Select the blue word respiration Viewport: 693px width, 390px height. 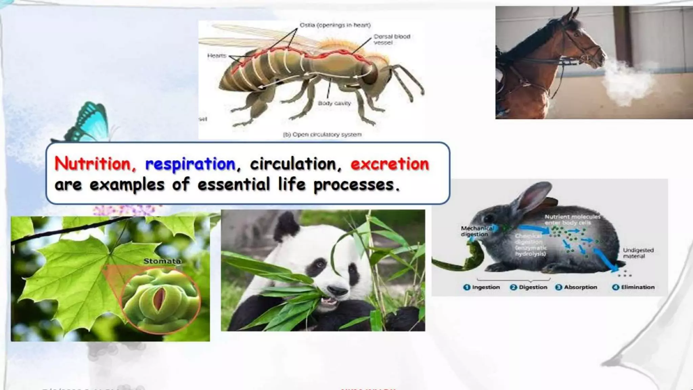pyautogui.click(x=190, y=164)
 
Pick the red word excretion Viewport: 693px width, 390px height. pyautogui.click(x=390, y=164)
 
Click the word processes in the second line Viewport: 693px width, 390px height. pyautogui.click(x=356, y=185)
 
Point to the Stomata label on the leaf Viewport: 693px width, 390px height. pyautogui.click(x=162, y=261)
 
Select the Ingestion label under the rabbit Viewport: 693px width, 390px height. pyautogui.click(x=486, y=287)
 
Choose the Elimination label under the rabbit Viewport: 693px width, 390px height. pyautogui.click(x=638, y=287)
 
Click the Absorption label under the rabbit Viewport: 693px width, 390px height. pyautogui.click(x=580, y=287)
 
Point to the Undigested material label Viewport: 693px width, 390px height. pyautogui.click(x=638, y=253)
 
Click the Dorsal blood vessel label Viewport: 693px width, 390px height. pyautogui.click(x=392, y=39)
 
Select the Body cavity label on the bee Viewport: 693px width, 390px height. pyautogui.click(x=334, y=103)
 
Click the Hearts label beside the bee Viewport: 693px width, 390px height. pyautogui.click(x=217, y=56)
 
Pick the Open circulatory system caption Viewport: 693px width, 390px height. pyautogui.click(x=322, y=134)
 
